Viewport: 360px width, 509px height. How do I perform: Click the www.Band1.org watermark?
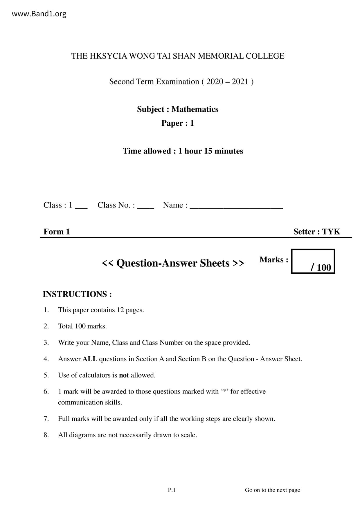tap(39, 14)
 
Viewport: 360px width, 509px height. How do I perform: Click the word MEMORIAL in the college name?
tap(221, 56)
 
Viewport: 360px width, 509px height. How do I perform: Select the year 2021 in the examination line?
tap(240, 82)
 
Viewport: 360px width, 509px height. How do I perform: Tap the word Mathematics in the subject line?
tap(195, 109)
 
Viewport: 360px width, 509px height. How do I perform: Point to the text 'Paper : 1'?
tap(177, 123)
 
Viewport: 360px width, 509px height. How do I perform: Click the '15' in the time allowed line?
tap(208, 151)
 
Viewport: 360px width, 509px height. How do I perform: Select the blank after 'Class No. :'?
tap(145, 206)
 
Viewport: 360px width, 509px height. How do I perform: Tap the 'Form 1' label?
tap(57, 232)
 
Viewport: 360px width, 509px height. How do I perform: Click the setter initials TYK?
tap(331, 232)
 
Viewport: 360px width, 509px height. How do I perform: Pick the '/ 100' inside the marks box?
tap(321, 267)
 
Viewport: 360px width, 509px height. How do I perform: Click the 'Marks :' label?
tap(274, 260)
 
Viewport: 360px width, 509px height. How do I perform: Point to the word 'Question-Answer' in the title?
tap(173, 263)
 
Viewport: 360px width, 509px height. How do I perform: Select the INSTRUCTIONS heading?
tap(77, 294)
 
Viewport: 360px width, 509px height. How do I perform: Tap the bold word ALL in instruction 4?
tap(90, 359)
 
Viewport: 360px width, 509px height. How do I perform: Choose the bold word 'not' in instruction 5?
tap(124, 375)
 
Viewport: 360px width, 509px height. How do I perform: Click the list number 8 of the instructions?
tap(46, 435)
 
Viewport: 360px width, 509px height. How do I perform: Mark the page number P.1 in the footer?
tap(172, 490)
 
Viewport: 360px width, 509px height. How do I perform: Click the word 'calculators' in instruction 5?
tap(94, 375)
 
